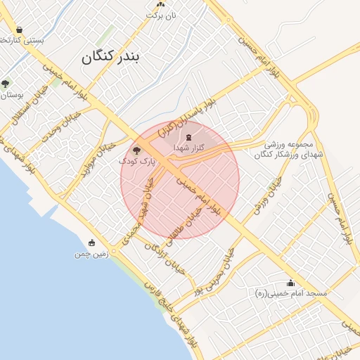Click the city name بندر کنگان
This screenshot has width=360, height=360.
[x=112, y=57]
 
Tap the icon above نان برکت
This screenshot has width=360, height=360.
[x=160, y=4]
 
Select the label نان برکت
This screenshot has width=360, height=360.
[x=160, y=14]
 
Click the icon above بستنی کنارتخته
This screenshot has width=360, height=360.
[x=19, y=30]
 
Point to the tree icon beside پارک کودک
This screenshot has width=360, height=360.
[x=136, y=150]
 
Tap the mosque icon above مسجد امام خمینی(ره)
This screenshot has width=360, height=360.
[x=290, y=283]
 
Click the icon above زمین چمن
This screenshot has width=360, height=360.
[x=91, y=243]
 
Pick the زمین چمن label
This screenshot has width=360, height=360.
[x=91, y=253]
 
